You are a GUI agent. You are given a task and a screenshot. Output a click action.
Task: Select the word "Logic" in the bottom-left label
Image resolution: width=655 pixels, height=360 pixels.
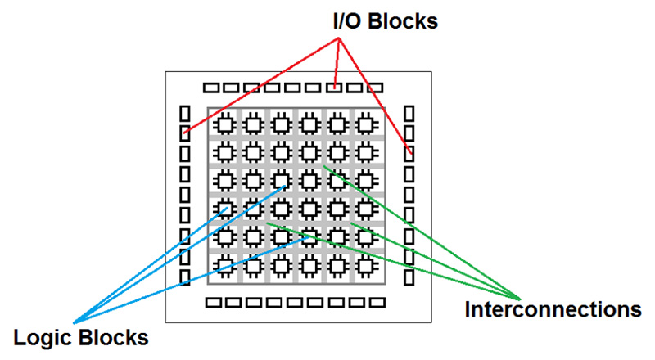click(x=43, y=336)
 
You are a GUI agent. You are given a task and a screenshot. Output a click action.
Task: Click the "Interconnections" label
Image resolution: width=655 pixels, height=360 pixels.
click(x=540, y=310)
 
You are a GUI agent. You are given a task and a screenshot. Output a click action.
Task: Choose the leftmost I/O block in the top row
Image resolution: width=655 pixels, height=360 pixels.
click(x=212, y=88)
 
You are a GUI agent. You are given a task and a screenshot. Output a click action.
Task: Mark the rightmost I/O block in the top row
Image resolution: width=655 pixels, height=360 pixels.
click(x=375, y=88)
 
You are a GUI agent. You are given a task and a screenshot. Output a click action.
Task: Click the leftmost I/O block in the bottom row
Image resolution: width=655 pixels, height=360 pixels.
click(x=213, y=303)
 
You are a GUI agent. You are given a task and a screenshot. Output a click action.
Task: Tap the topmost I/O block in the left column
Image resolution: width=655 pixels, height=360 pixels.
click(x=184, y=112)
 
